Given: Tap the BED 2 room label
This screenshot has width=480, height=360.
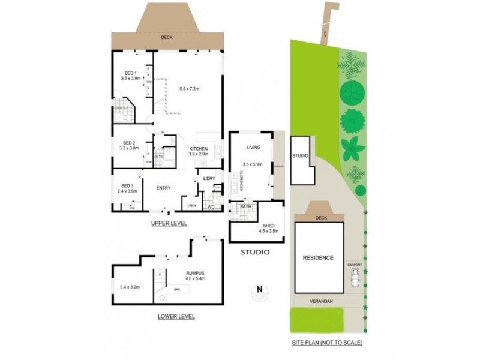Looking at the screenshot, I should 129,143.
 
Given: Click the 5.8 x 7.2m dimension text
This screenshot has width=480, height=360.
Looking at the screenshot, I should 189,89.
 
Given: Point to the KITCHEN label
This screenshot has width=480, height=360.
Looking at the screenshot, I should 199,149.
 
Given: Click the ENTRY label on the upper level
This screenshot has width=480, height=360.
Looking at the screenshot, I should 164,188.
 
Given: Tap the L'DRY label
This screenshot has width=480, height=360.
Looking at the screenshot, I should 209,179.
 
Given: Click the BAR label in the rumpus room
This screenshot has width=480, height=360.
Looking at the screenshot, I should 177,289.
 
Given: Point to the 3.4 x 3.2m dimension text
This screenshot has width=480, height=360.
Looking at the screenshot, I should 130,287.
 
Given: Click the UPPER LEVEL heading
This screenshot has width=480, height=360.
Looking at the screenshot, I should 169,223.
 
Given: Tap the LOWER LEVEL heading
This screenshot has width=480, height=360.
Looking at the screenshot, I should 176,316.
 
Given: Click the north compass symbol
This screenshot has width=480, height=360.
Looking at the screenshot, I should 259,293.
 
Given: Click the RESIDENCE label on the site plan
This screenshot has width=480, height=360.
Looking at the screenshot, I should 317,258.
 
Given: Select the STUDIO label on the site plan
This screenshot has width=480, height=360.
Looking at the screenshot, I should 300,156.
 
